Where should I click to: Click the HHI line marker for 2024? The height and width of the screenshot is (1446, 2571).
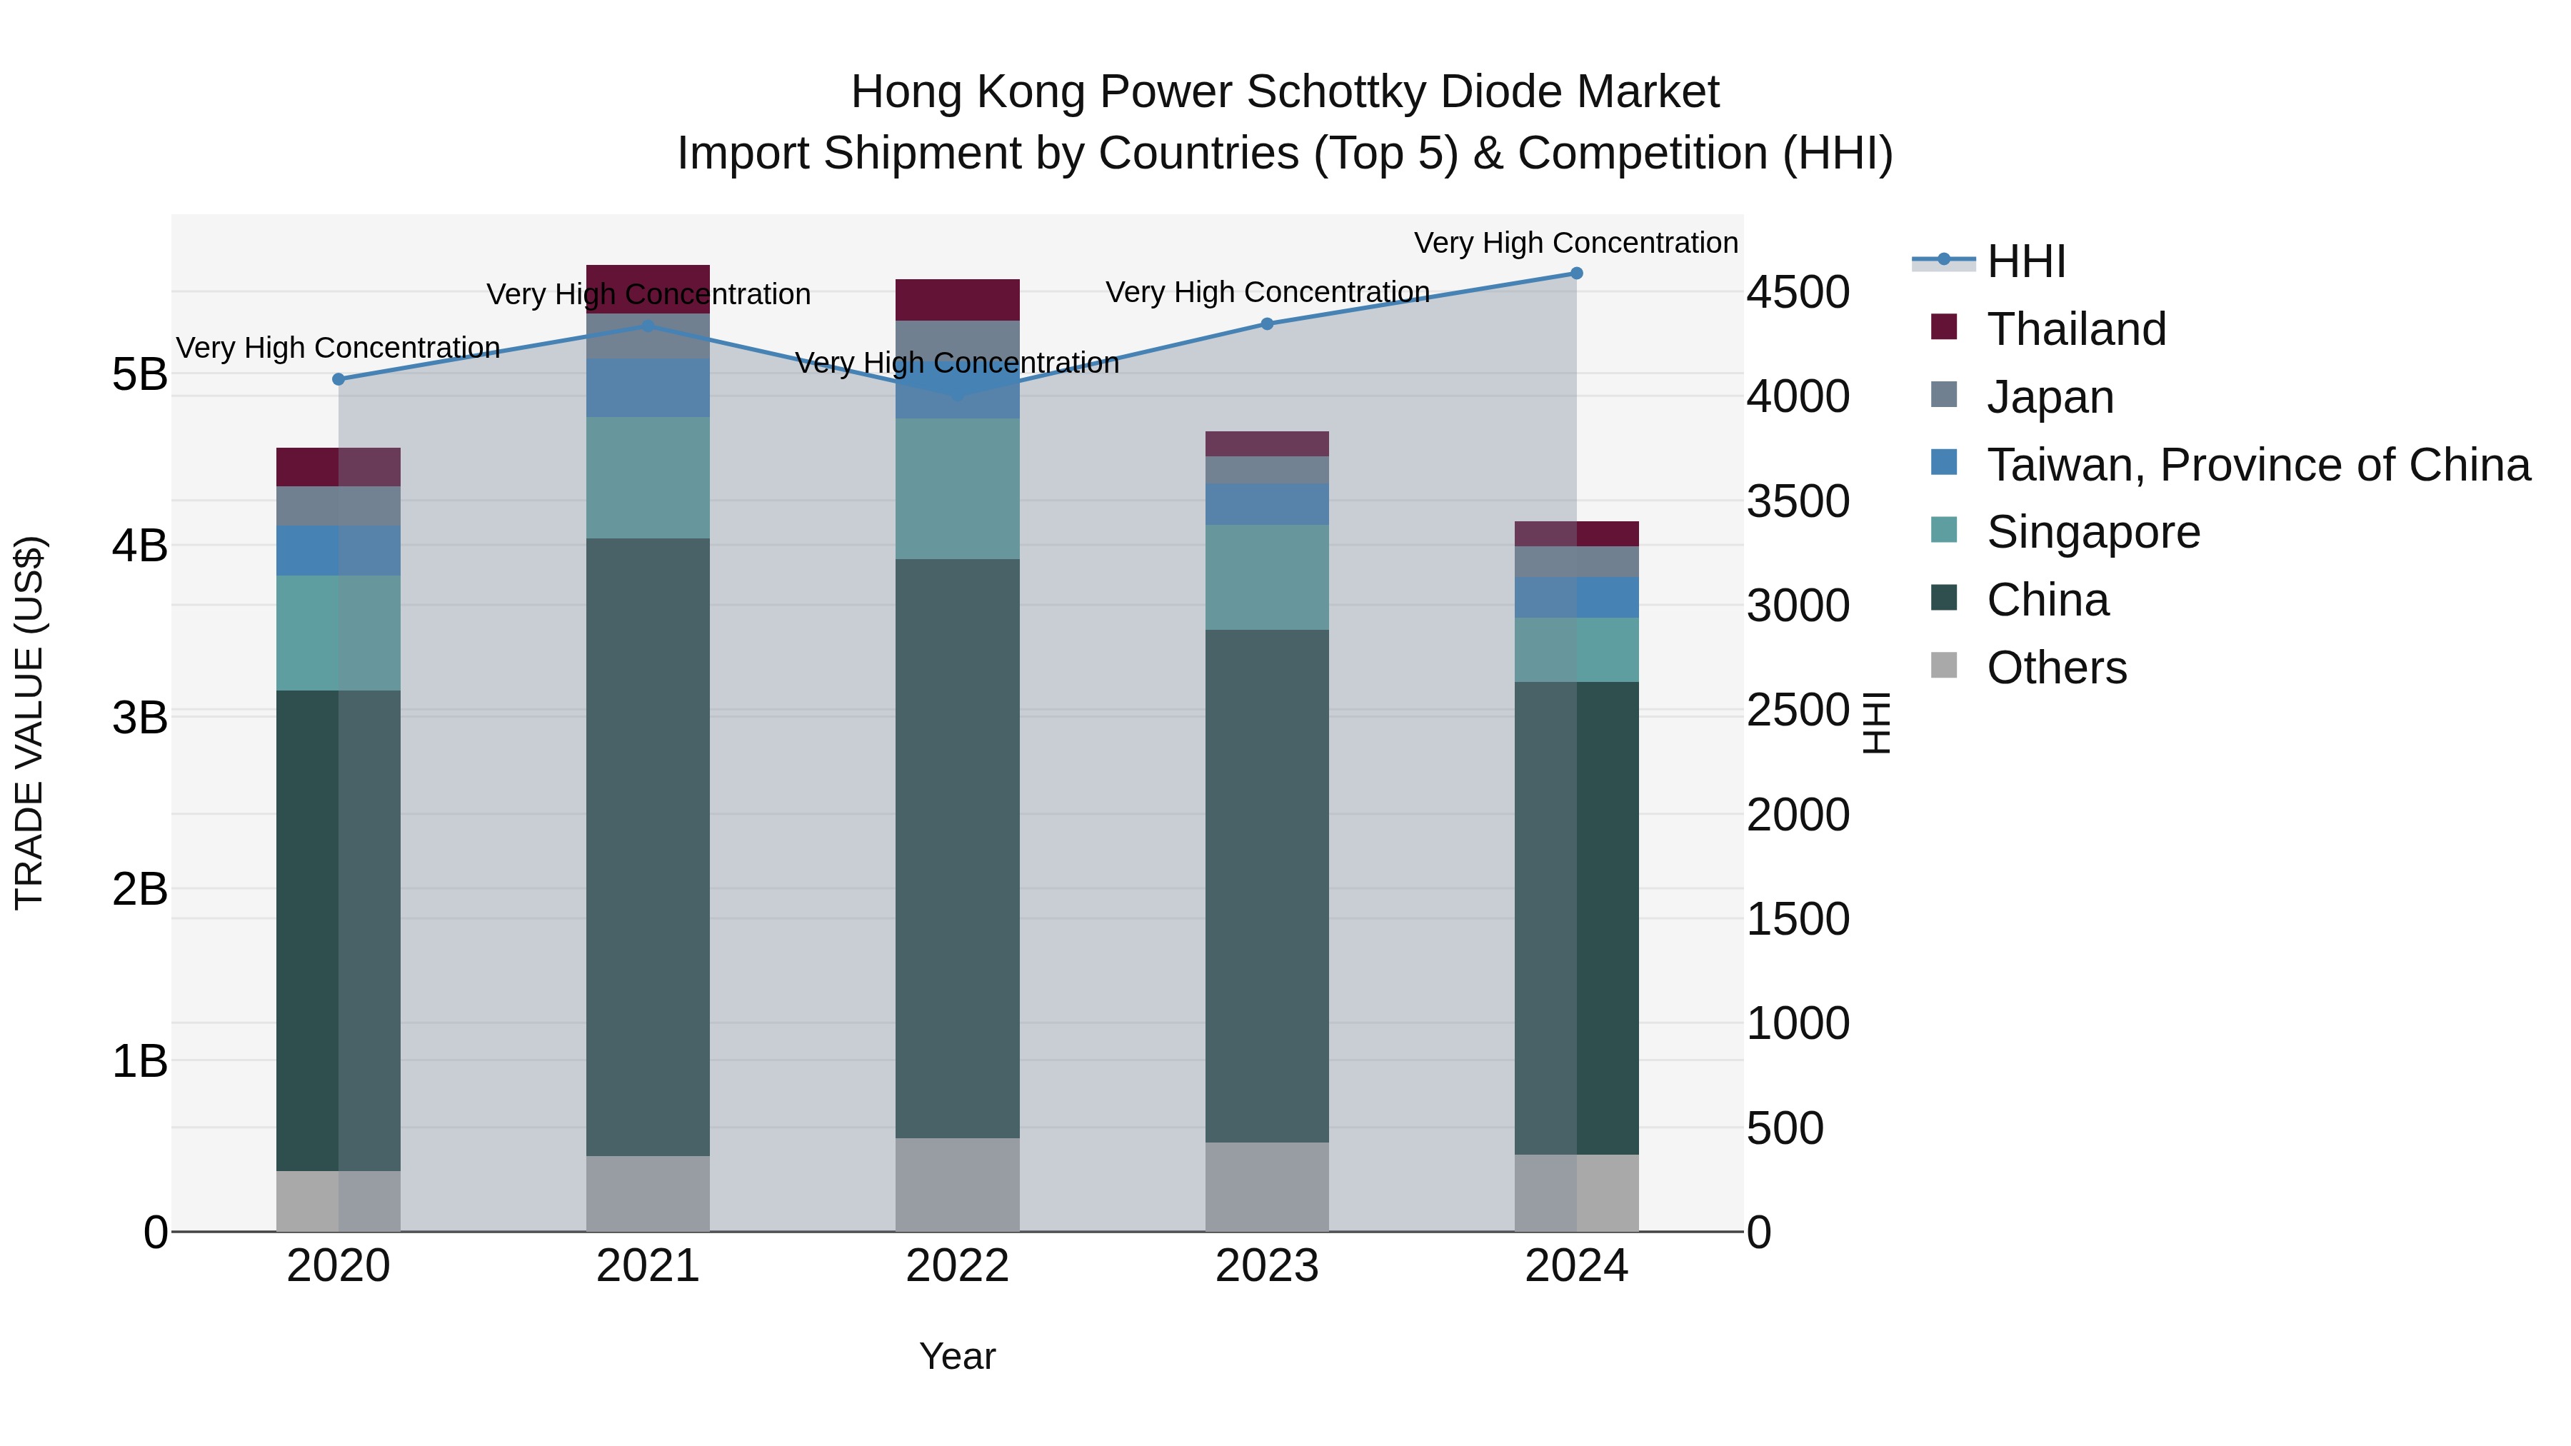coord(1576,273)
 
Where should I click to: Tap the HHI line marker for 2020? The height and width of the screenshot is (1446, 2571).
coord(339,379)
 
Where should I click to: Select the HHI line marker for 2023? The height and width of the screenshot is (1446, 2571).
coord(1266,323)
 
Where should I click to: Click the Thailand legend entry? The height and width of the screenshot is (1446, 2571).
coord(2076,329)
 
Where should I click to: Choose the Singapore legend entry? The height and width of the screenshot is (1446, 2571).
coord(2093,532)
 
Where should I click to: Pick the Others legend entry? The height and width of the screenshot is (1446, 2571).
coord(2056,668)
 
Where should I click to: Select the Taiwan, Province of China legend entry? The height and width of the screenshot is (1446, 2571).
coord(2257,465)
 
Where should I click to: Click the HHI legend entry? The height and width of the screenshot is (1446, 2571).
coord(2025,261)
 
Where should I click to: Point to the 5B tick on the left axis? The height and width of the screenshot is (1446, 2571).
coord(140,375)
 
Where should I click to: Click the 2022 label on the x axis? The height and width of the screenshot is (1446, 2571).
coord(957,1266)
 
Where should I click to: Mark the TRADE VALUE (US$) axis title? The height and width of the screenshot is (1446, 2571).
coord(29,723)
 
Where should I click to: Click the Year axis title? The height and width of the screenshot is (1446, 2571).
coord(957,1356)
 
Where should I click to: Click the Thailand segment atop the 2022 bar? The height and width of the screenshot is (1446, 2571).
coord(957,299)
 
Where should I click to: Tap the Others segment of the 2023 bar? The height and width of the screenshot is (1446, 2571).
coord(1266,1187)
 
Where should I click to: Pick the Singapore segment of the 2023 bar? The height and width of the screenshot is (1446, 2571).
coord(1266,577)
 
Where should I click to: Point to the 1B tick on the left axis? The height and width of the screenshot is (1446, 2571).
coord(140,1061)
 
